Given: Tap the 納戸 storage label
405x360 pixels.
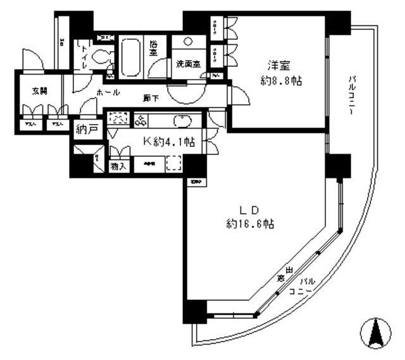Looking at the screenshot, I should point(87,130).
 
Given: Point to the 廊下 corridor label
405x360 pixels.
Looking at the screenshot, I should point(151,98).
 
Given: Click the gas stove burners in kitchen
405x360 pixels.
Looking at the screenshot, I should point(140,119).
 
